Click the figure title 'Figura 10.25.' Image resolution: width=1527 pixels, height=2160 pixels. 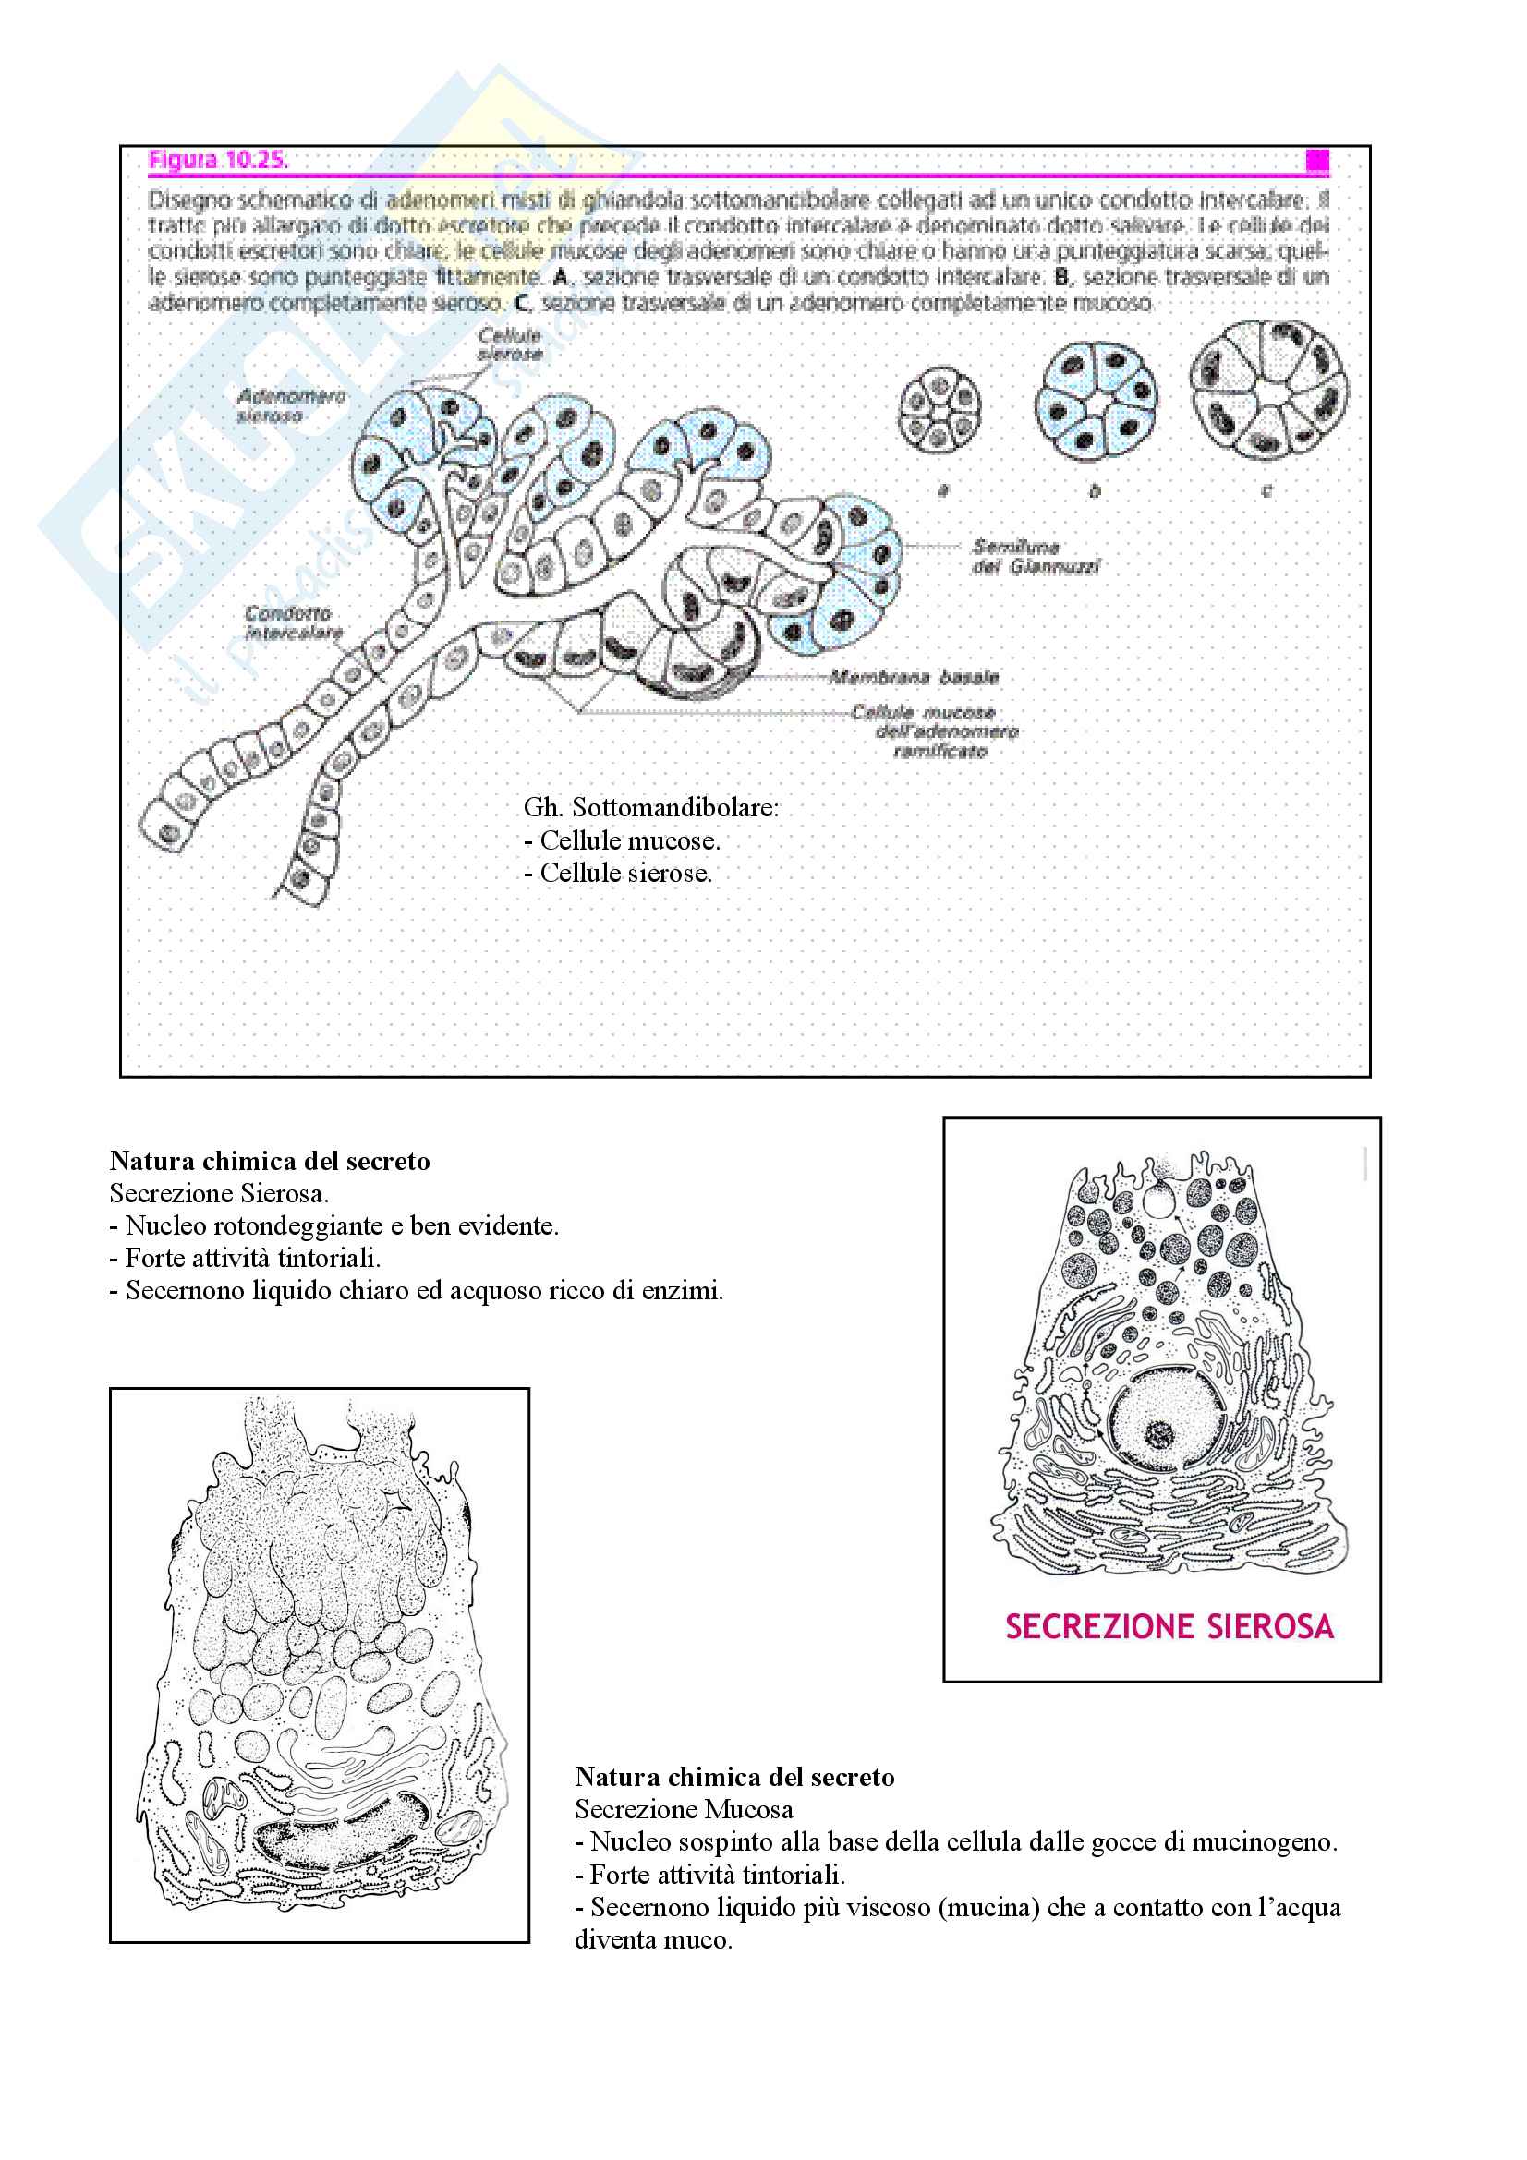click(x=217, y=160)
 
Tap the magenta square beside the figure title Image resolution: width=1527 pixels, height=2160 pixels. click(x=1317, y=161)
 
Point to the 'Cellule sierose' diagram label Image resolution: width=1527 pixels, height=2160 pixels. click(x=510, y=344)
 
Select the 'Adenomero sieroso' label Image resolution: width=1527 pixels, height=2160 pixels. click(x=291, y=405)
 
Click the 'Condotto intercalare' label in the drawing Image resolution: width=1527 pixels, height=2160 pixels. click(x=294, y=622)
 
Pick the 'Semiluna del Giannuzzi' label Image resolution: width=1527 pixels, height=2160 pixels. click(x=1035, y=556)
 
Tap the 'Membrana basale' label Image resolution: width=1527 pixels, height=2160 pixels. click(x=914, y=676)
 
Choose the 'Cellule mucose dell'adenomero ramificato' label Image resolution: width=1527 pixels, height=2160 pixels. click(x=934, y=731)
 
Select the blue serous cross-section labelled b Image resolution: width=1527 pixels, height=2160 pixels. click(x=1097, y=402)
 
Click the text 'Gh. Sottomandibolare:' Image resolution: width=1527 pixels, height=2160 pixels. click(x=651, y=807)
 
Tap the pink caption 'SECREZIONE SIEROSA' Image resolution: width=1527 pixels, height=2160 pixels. click(x=1169, y=1626)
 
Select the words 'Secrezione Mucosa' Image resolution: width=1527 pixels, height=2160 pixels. click(x=683, y=1809)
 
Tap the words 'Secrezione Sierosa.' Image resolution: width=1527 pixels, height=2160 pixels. click(x=219, y=1193)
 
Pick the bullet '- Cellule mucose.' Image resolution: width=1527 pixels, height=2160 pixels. click(x=622, y=840)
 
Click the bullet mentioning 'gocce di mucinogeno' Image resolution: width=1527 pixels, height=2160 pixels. click(x=956, y=1842)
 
